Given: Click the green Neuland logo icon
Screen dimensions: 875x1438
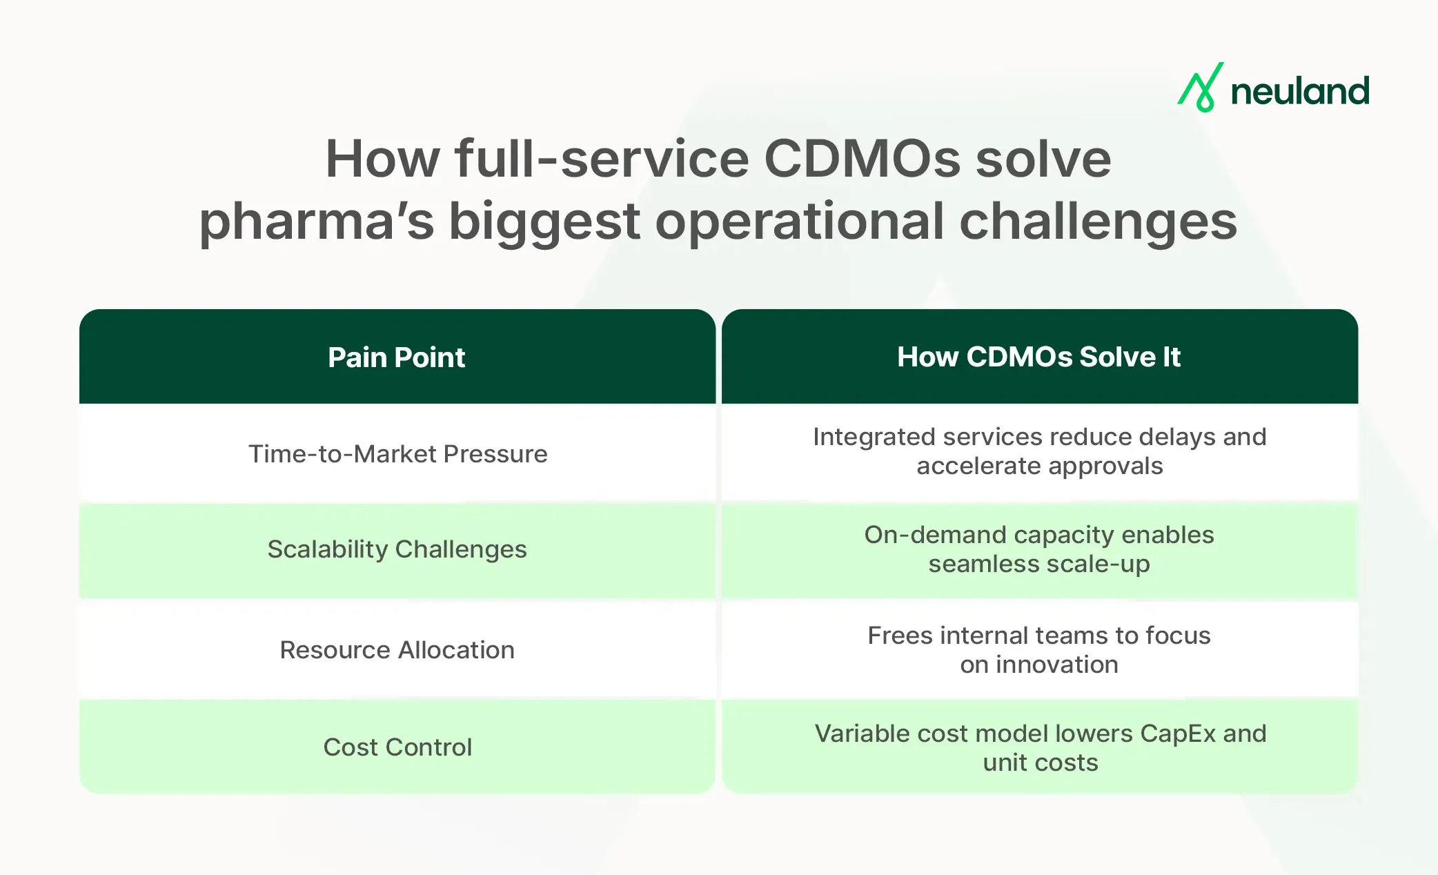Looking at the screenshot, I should pos(1201,88).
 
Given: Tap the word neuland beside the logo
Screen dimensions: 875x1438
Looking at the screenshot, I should pos(1300,92).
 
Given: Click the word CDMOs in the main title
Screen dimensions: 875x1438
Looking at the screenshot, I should pos(862,159).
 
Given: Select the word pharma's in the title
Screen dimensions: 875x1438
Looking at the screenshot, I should pos(317,222).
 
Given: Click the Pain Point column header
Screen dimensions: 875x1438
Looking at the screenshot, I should pos(397,357).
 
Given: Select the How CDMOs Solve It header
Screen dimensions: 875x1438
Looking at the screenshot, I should pos(1038,357).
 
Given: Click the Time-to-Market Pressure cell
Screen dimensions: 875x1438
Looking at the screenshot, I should pos(397,454).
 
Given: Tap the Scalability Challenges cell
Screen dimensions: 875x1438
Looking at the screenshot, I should pos(397,549).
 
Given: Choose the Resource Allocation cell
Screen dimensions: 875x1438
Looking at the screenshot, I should pos(397,650).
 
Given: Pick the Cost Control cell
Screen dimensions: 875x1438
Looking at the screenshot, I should pos(397,747).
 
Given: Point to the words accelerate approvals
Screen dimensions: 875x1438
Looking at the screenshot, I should pos(1039,466).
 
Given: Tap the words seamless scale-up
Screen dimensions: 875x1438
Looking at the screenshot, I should pos(1038,564).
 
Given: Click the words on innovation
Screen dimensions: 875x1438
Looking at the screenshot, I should pos(1038,665).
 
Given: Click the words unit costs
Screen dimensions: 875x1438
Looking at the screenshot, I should pos(1040,763).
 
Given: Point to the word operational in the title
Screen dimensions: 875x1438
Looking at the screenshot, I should pos(799,222).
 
